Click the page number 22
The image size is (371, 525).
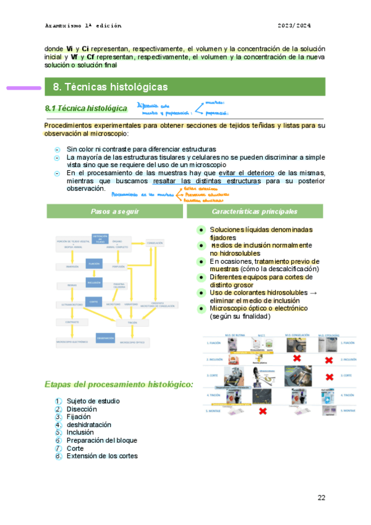[x=321, y=498]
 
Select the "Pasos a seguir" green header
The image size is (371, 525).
[x=114, y=211]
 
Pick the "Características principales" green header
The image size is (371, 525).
[x=254, y=211]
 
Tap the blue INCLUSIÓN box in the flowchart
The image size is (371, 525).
[x=93, y=282]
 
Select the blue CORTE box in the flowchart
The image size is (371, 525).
[x=93, y=301]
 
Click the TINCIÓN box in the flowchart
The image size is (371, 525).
[x=132, y=322]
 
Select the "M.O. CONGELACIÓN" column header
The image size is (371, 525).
[x=296, y=335]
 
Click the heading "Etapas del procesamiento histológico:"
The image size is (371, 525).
[x=119, y=384]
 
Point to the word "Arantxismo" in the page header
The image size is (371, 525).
[x=62, y=25]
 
